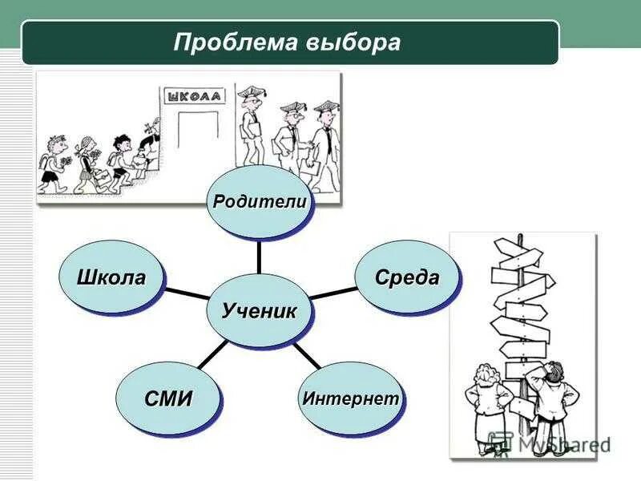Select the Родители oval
click(x=259, y=202)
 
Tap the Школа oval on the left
click(x=112, y=278)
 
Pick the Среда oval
click(x=408, y=278)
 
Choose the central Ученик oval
click(x=259, y=309)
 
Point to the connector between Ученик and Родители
click(x=259, y=257)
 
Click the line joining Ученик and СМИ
click(x=211, y=357)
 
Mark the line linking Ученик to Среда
click(x=333, y=293)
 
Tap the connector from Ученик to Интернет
click(x=305, y=355)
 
